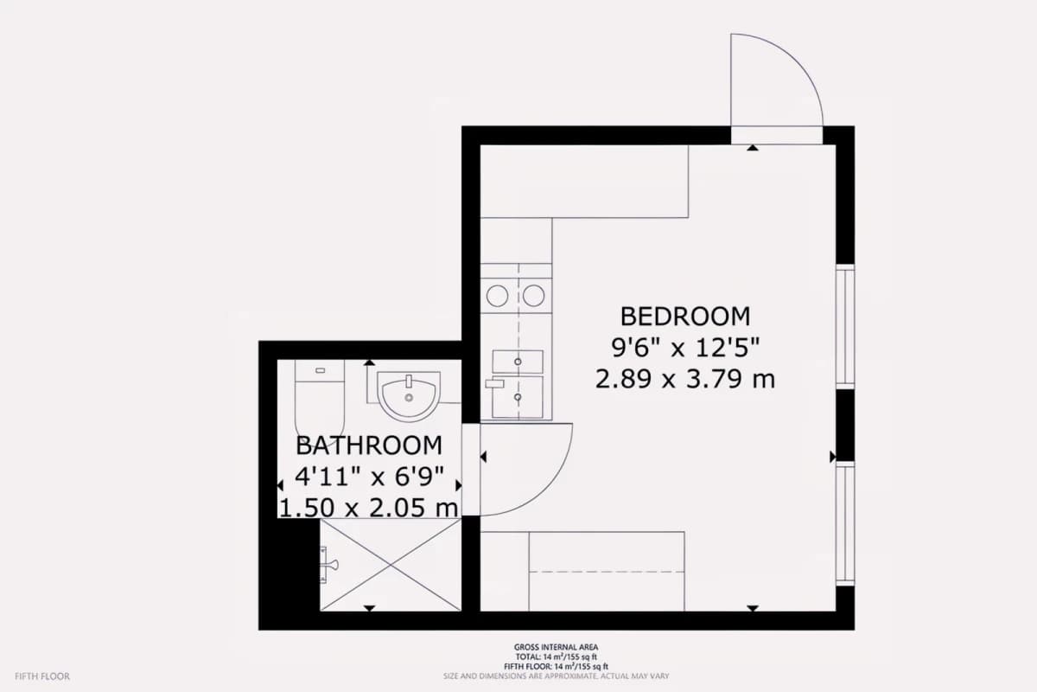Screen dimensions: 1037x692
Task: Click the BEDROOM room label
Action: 685,317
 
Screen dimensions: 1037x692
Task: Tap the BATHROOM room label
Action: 369,445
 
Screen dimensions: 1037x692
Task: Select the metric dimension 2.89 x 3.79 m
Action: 685,379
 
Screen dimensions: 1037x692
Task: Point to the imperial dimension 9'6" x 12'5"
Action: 685,348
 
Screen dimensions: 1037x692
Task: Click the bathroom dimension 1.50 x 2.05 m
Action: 369,508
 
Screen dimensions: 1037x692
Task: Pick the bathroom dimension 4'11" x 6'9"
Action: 369,476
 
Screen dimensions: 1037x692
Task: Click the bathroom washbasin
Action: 409,395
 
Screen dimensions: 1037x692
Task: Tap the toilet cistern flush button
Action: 320,370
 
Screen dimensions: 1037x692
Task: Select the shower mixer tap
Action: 329,565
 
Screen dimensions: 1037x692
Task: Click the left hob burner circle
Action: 497,296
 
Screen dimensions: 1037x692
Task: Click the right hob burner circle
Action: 533,296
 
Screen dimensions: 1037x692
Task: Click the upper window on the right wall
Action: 845,327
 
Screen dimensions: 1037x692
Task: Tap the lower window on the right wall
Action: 845,523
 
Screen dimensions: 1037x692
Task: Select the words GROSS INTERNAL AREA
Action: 556,647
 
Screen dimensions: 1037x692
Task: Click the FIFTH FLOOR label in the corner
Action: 42,676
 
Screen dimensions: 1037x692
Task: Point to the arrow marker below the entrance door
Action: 753,148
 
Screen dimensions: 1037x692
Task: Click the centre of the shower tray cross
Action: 391,565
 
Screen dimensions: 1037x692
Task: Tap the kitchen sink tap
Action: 494,383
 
